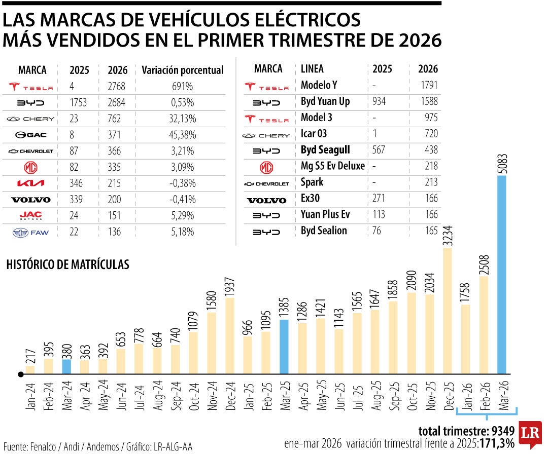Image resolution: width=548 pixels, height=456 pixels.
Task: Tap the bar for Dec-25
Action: (448, 311)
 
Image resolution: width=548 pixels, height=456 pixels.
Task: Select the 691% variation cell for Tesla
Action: (182, 87)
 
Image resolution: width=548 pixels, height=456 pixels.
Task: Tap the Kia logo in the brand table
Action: (30, 184)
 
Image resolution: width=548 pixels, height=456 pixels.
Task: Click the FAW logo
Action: (30, 233)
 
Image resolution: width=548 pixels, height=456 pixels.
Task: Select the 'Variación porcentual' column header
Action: (182, 70)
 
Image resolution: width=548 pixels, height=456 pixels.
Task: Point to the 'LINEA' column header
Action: (312, 68)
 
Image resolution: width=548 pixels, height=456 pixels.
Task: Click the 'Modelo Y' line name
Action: (320, 85)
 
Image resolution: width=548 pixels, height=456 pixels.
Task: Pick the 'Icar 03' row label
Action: (314, 133)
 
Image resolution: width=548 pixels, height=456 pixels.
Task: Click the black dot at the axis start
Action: (21, 374)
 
